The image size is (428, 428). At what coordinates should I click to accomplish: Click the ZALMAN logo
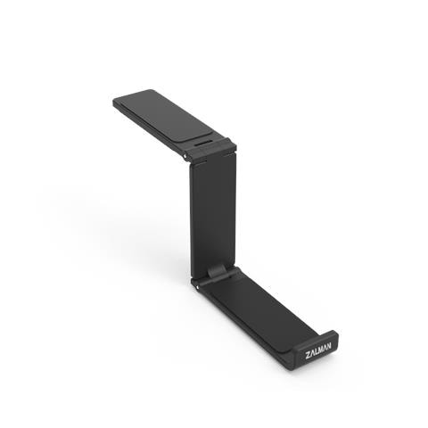pyautogui.click(x=317, y=350)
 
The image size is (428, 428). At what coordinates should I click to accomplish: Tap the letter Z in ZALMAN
pyautogui.click(x=308, y=356)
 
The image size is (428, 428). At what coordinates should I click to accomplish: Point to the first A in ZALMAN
pyautogui.click(x=312, y=353)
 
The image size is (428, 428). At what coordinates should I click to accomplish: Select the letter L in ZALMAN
pyautogui.click(x=316, y=351)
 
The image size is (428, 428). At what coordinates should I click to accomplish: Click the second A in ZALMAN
pyautogui.click(x=325, y=347)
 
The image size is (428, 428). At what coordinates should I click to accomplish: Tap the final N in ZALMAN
pyautogui.click(x=328, y=345)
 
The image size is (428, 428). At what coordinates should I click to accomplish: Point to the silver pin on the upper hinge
pyautogui.click(x=185, y=156)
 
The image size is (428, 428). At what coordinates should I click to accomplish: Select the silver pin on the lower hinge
pyautogui.click(x=197, y=287)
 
